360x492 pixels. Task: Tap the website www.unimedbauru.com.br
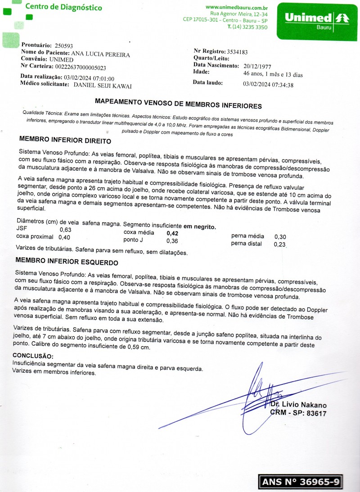[x=237, y=7]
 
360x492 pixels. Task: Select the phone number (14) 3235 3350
[x=250, y=27]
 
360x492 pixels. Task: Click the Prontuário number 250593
[x=63, y=46]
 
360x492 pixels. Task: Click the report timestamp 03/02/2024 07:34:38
[x=268, y=84]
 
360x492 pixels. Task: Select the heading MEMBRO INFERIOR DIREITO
[x=65, y=140]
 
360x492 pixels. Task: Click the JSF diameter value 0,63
[x=65, y=230]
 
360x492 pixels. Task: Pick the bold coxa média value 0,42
[x=173, y=234]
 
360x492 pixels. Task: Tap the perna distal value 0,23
[x=279, y=245]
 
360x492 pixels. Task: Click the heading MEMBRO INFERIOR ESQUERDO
[x=67, y=262]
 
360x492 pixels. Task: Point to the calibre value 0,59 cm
[x=139, y=347]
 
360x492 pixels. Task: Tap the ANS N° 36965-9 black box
[x=301, y=482]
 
